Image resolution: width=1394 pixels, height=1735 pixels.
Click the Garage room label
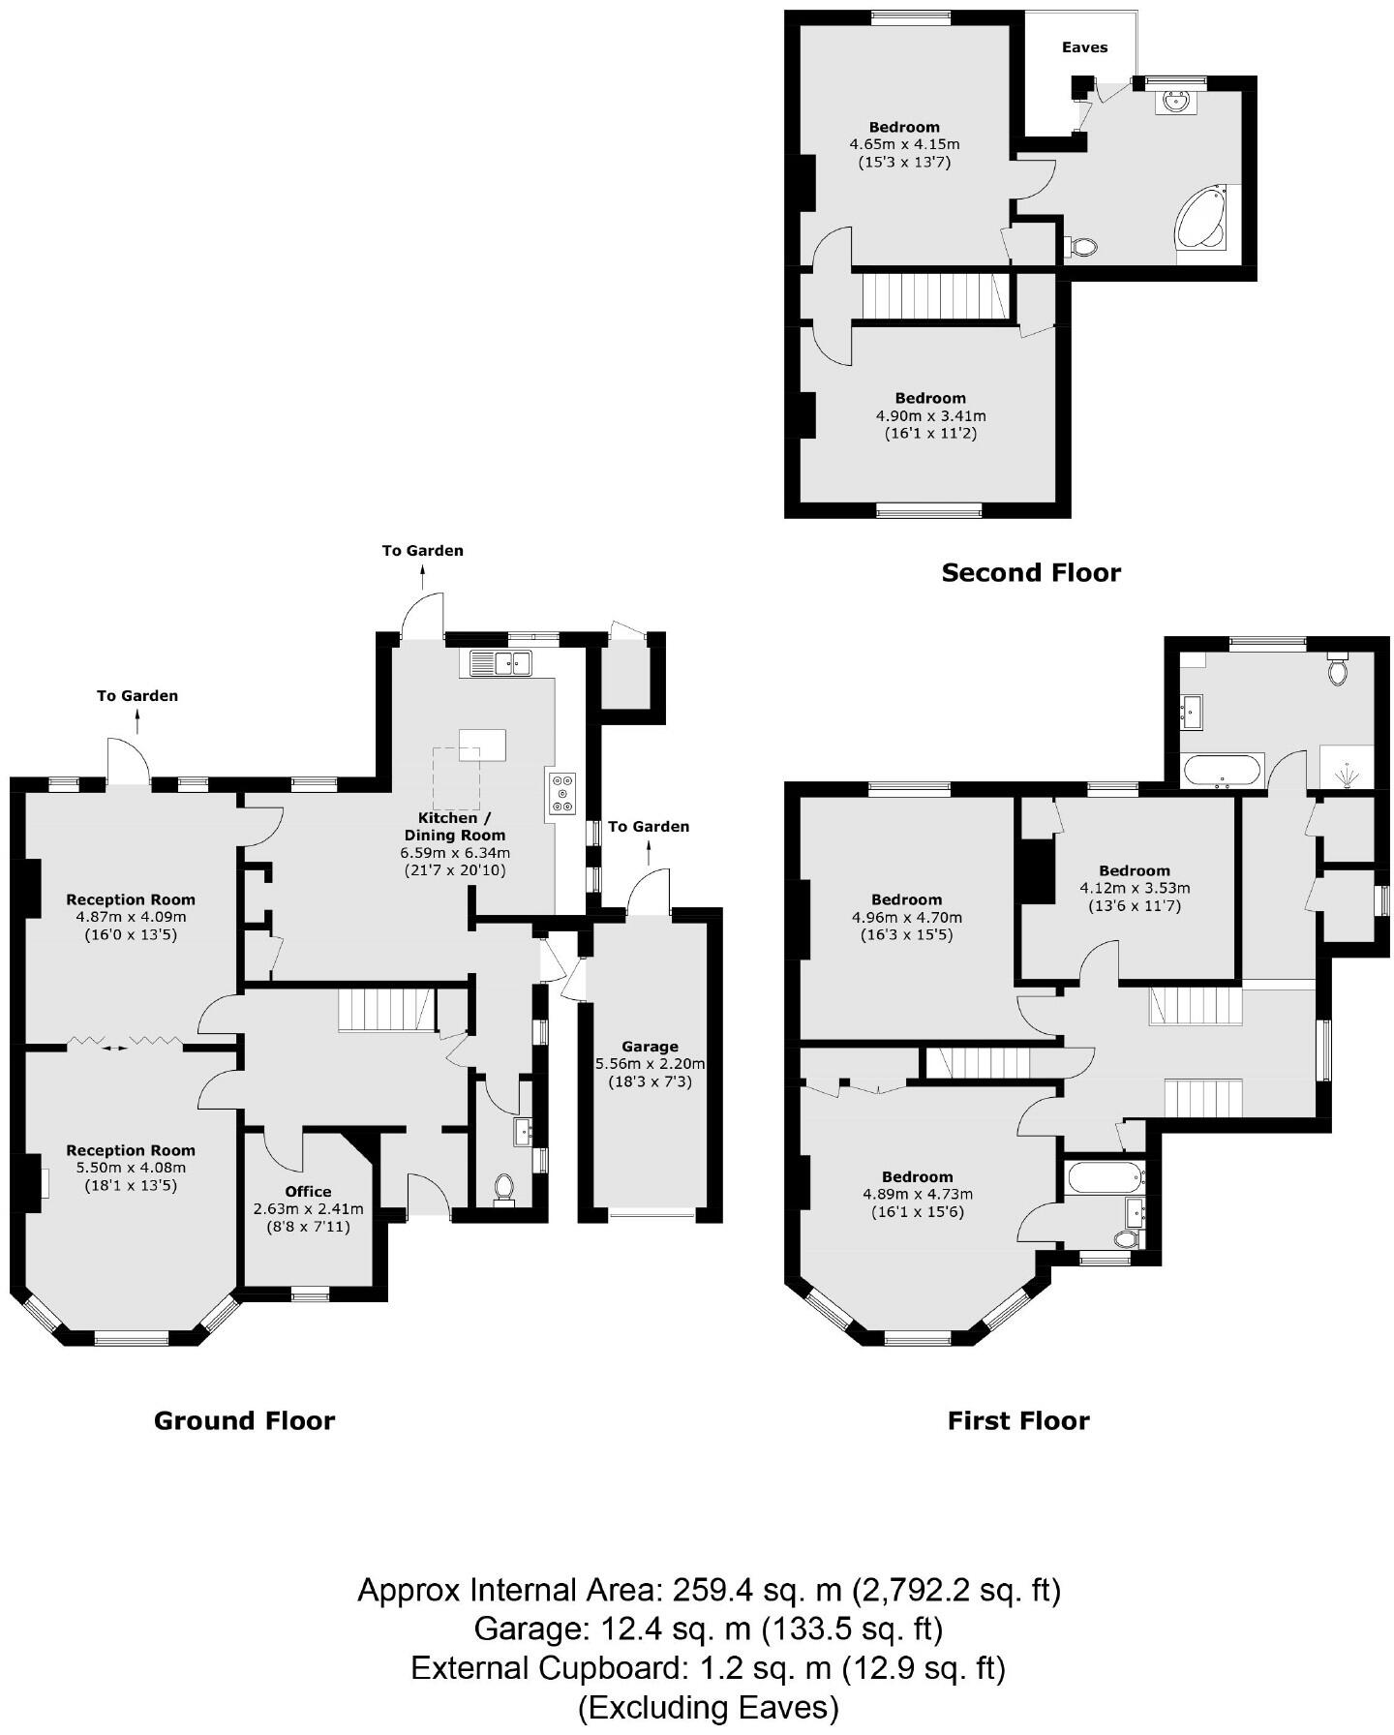coord(650,1047)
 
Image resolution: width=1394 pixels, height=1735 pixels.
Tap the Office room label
coord(308,1192)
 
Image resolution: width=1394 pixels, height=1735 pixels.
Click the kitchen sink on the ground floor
coord(500,663)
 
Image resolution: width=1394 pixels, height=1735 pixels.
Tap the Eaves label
coord(1084,47)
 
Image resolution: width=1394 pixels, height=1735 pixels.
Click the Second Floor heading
coord(1031,573)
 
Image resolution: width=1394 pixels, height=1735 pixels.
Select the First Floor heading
coord(1018,1420)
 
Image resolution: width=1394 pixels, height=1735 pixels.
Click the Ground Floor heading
coord(244,1420)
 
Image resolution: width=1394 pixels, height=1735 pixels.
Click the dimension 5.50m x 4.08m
coord(131,1168)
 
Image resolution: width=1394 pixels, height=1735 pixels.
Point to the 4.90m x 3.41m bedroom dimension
coord(930,416)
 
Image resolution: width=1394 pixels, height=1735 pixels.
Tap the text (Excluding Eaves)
coord(708,1706)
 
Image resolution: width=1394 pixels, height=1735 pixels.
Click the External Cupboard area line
coord(708,1667)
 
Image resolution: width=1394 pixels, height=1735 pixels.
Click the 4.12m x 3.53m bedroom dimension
coord(1135,888)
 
